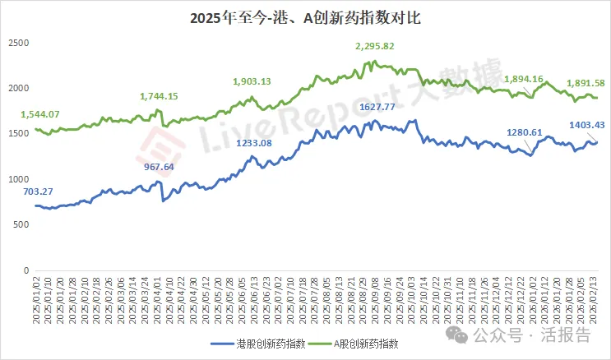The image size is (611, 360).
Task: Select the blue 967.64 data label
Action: pyautogui.click(x=161, y=167)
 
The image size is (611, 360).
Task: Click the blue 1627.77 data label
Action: pyautogui.click(x=383, y=107)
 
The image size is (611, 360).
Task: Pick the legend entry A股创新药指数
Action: pyautogui.click(x=364, y=344)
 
